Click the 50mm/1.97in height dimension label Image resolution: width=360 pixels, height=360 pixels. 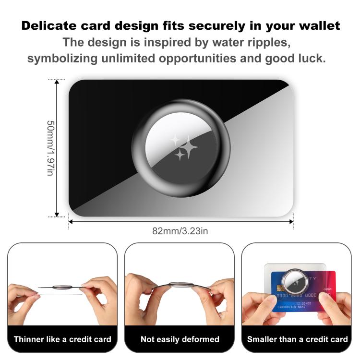(50, 148)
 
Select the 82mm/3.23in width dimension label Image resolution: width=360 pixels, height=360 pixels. (180, 230)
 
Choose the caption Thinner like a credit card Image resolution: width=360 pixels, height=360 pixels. (62, 339)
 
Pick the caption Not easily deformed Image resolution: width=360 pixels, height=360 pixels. (180, 339)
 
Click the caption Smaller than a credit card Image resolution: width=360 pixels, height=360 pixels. (297, 339)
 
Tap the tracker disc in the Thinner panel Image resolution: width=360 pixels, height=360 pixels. (62, 287)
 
